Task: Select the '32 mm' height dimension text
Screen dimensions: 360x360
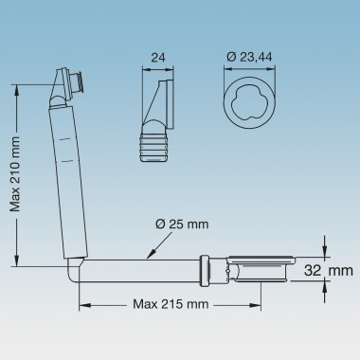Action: click(321, 271)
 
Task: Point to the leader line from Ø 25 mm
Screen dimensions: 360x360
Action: click(152, 247)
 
